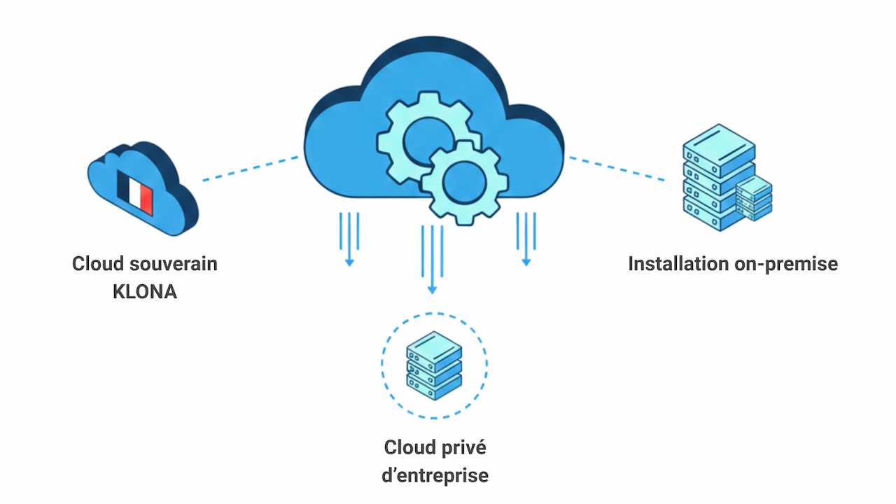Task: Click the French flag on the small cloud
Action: coord(135,193)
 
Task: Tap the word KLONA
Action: coord(145,292)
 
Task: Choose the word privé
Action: coord(464,447)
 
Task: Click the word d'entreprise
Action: coord(435,475)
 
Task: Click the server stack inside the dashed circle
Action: coord(434,366)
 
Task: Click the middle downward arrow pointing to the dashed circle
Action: coord(432,259)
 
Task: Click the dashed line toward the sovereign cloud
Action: coord(251,169)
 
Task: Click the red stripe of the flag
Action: coord(146,197)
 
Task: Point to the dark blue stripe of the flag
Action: coord(125,189)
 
